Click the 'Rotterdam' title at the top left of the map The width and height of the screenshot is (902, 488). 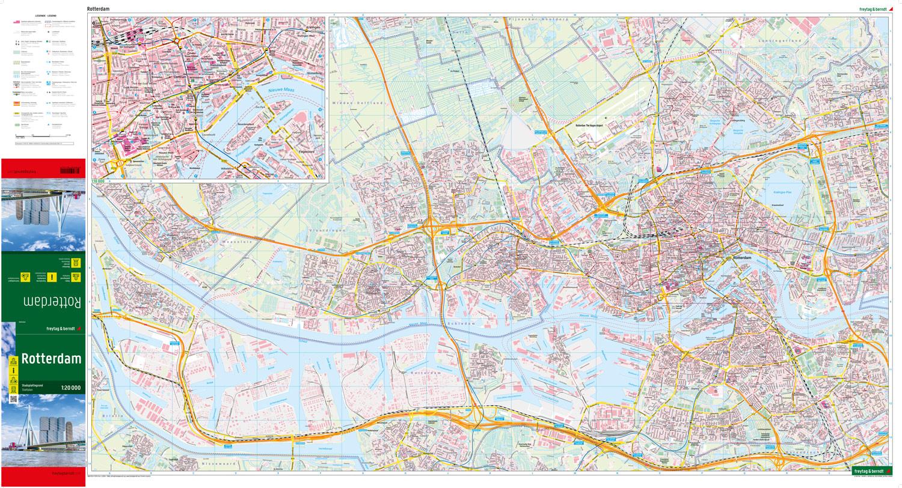point(98,9)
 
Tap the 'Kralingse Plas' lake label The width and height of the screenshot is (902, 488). point(782,192)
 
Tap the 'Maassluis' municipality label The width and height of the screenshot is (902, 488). point(225,243)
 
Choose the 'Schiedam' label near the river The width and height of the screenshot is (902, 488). point(461,323)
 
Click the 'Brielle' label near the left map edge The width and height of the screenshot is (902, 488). point(112,415)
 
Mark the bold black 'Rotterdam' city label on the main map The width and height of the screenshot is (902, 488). point(742,258)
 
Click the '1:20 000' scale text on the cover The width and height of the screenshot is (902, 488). point(70,388)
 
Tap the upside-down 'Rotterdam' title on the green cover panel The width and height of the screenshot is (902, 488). point(52,300)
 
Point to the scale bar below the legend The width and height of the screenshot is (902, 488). point(43,135)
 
